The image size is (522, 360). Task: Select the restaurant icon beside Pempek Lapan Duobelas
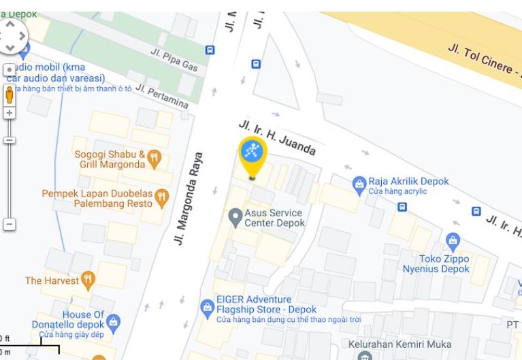[161, 198]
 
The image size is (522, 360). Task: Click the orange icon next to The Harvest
[88, 280]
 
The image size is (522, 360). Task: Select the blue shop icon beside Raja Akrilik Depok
[359, 183]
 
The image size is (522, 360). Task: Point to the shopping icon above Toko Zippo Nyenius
[453, 241]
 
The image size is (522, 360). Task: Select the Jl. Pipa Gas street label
[174, 59]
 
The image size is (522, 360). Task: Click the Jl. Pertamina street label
[161, 97]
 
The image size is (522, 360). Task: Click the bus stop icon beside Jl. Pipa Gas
[210, 50]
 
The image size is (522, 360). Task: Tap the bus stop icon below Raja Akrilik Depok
[402, 206]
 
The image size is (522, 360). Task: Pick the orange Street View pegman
[10, 93]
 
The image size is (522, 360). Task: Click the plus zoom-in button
[10, 112]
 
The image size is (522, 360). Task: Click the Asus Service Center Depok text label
[274, 218]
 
